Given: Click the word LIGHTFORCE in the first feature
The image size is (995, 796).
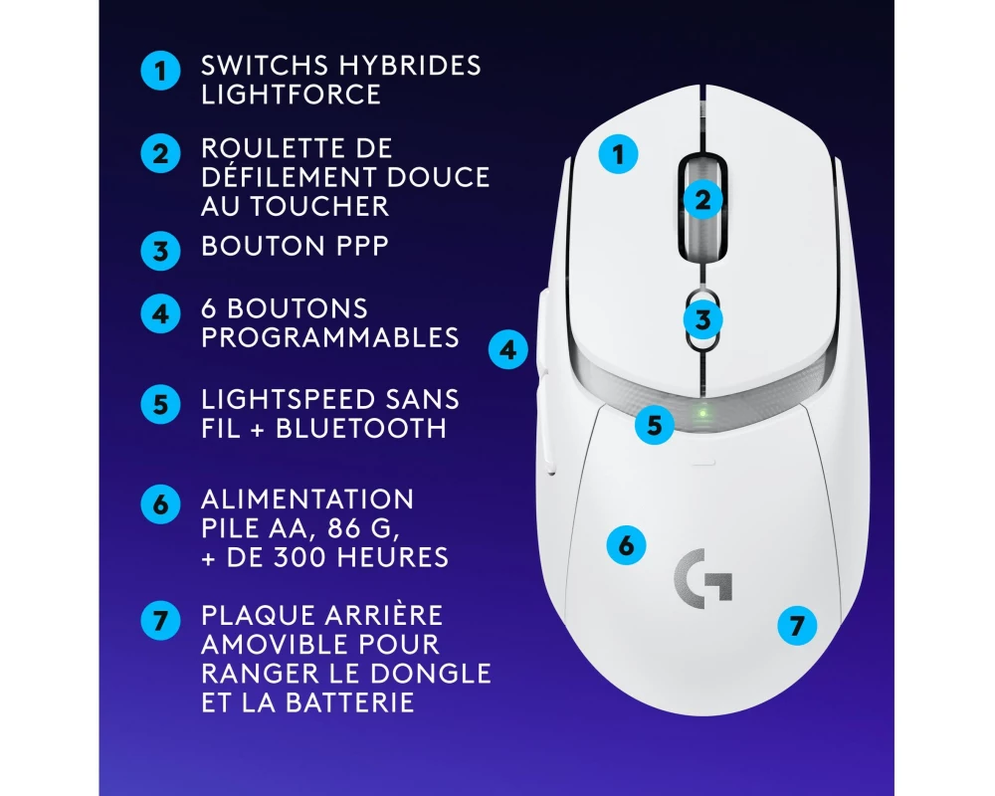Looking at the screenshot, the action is coord(291,95).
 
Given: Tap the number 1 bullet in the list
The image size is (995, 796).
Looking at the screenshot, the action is coord(160,71).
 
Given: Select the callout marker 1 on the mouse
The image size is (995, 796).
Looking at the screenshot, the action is coord(619,153).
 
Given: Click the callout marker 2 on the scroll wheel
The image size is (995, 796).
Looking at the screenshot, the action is coord(702,201).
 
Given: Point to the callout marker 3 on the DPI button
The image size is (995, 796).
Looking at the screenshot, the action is coord(702,319).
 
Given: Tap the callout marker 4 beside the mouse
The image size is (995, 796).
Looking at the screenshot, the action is coord(508,350).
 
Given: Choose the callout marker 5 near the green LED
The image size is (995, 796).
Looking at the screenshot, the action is coord(655,425).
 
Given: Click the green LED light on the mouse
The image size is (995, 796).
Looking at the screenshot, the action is coord(702,414).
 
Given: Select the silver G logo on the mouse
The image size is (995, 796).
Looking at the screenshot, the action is coord(703,578).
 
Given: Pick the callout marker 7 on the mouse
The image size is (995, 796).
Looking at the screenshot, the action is coord(797,626).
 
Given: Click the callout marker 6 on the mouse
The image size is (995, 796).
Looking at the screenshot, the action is coord(626,545).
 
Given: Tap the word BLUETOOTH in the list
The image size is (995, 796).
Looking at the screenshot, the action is coord(361,429).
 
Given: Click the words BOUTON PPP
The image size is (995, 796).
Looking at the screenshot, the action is coord(295,247).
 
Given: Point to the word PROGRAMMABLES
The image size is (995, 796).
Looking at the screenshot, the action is coord(330,337).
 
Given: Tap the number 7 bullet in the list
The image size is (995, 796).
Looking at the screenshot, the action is coord(160,620).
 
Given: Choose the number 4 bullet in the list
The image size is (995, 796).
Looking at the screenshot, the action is coord(160,314).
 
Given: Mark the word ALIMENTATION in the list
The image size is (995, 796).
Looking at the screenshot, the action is coord(307,499).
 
